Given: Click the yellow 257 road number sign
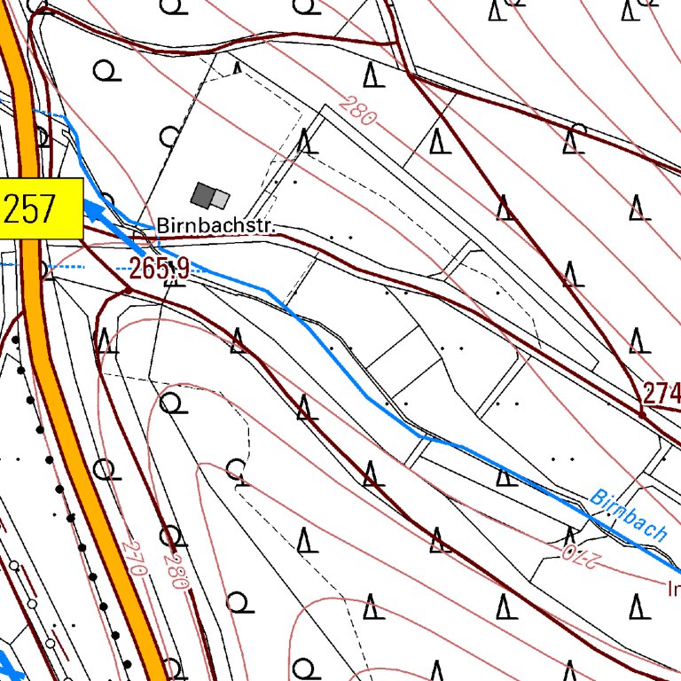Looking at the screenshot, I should (41, 208).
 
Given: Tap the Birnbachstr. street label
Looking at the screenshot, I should (216, 226).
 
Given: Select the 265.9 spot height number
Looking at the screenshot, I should (160, 267).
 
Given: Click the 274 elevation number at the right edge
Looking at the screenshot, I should (662, 393).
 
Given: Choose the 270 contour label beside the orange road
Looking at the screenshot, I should (134, 559).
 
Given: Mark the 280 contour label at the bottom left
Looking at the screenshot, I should (176, 572).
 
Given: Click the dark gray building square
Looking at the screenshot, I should (203, 194).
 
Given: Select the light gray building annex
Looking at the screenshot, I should (220, 200).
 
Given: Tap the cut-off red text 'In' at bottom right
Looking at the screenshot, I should (673, 588).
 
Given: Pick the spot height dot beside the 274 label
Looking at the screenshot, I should (641, 414).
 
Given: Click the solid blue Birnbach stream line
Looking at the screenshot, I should (355, 381).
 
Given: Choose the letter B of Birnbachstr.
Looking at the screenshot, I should (163, 227).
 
